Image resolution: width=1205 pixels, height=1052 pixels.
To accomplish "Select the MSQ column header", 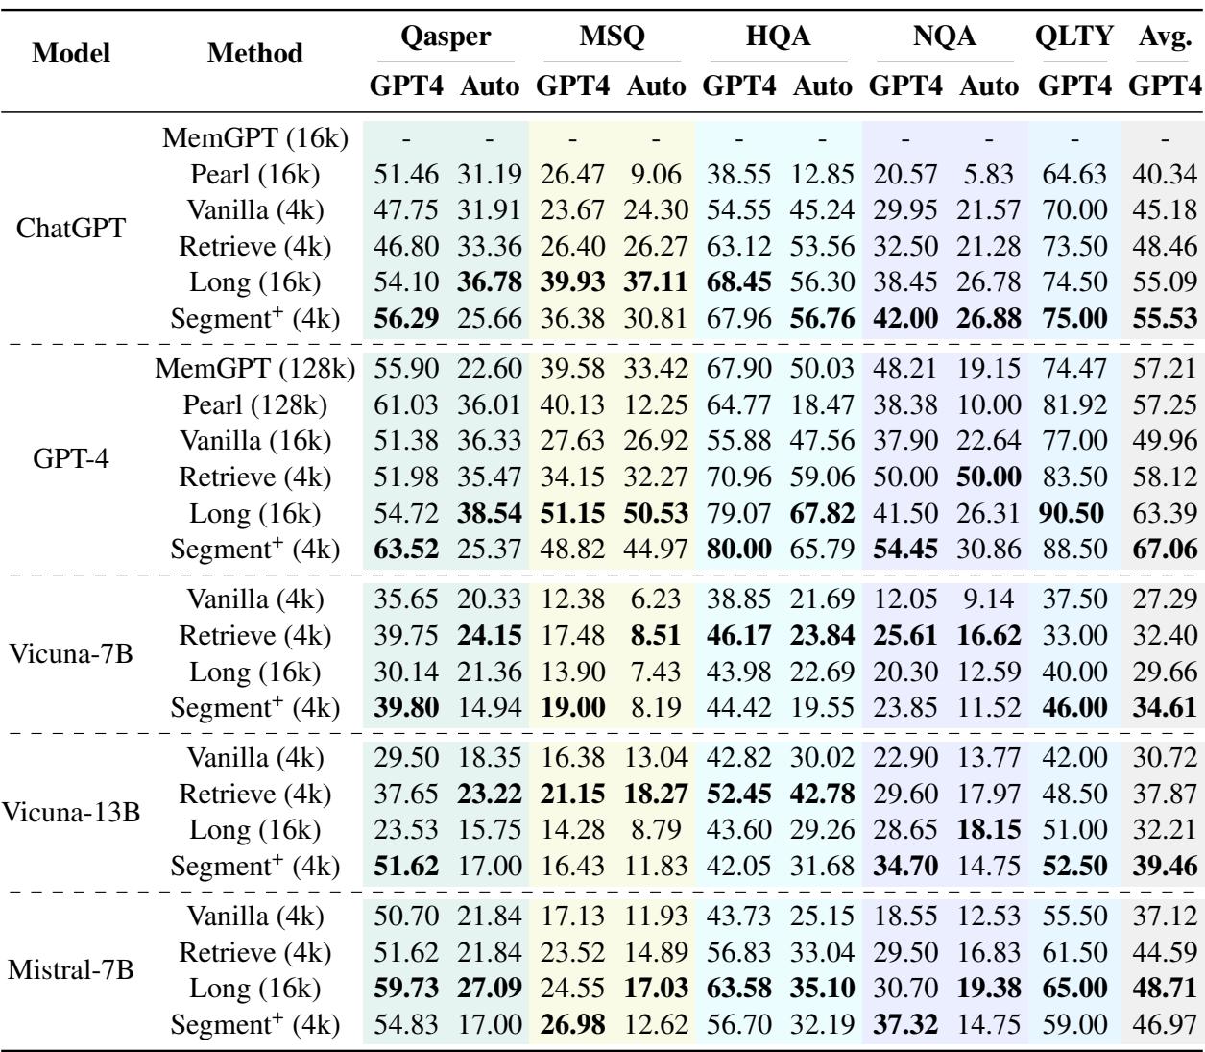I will pos(611,37).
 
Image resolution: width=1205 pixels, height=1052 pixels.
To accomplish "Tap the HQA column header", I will pos(779,37).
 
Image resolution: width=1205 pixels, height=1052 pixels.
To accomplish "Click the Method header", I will pos(256,54).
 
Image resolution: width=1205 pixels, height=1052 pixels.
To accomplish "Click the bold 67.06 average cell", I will pos(1166,550).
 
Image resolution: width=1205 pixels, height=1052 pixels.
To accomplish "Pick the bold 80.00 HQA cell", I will pos(740,550).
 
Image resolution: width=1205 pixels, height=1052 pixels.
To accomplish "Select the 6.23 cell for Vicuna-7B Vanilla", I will pos(658,600).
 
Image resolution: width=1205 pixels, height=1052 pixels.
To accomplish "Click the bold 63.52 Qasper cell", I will pos(405,550).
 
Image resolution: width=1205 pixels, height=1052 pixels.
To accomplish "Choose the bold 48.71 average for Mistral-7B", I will pos(1166,989).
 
